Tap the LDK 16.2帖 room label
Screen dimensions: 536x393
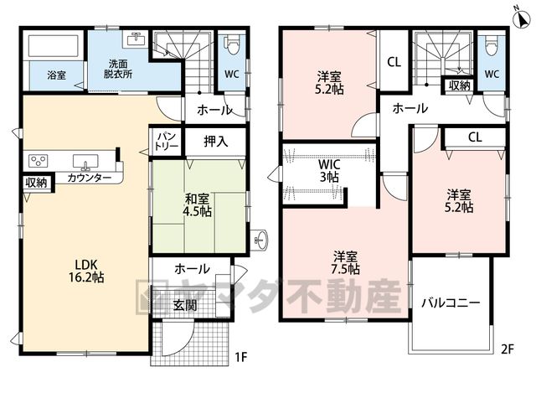click(86, 271)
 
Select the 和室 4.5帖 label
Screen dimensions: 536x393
click(198, 205)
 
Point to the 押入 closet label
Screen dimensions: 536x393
click(216, 141)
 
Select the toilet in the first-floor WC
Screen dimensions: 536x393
click(232, 44)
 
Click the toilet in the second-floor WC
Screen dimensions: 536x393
click(492, 44)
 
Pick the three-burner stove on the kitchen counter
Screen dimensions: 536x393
click(38, 160)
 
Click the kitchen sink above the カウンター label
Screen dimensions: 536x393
click(85, 162)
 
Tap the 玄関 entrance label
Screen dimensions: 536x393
click(185, 305)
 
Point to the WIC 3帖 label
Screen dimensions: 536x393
click(329, 171)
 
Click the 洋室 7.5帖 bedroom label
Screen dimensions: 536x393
click(345, 262)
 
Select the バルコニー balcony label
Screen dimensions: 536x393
click(451, 303)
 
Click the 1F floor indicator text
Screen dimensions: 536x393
click(240, 357)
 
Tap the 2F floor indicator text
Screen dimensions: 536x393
click(508, 349)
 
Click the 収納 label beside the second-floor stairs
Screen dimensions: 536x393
click(460, 85)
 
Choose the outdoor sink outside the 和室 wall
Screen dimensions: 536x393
click(261, 240)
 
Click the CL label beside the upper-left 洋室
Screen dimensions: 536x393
click(394, 62)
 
